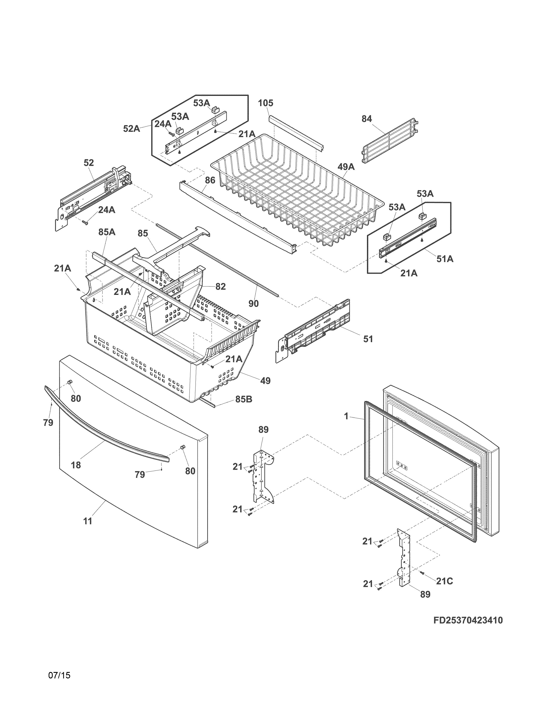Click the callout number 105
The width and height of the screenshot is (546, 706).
[x=265, y=103]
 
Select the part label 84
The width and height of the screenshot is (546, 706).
[x=367, y=119]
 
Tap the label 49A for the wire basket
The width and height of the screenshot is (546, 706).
[x=346, y=167]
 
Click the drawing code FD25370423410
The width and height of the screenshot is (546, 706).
[x=468, y=620]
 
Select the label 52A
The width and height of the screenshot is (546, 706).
[x=131, y=129]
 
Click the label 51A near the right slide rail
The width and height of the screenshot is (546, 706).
[x=445, y=259]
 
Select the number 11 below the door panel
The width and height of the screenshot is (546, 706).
[x=87, y=521]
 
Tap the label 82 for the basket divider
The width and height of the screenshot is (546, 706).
[x=220, y=286]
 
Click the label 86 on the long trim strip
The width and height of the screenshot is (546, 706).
[x=210, y=180]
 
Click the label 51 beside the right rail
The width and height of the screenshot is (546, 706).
[x=368, y=339]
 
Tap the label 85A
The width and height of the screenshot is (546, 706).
[x=107, y=232]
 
